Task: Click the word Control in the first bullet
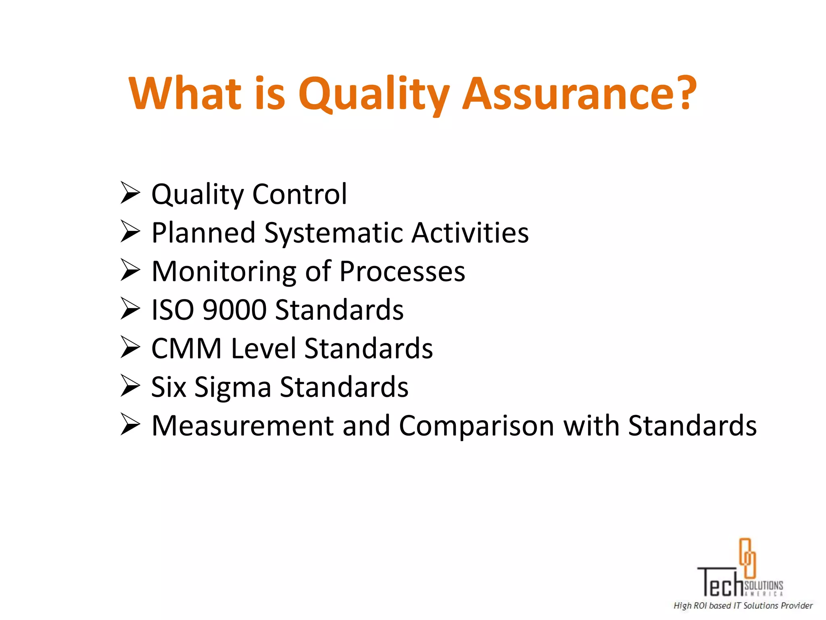(x=299, y=194)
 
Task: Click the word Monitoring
(x=224, y=272)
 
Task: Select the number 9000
(x=234, y=310)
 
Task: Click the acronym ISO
(x=173, y=310)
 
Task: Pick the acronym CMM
(x=186, y=348)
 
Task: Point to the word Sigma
(x=233, y=387)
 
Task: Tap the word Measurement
(x=242, y=425)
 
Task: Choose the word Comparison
(x=476, y=426)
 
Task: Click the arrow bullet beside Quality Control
(x=130, y=193)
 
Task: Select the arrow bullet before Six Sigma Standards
(x=130, y=386)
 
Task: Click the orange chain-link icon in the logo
(x=747, y=558)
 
